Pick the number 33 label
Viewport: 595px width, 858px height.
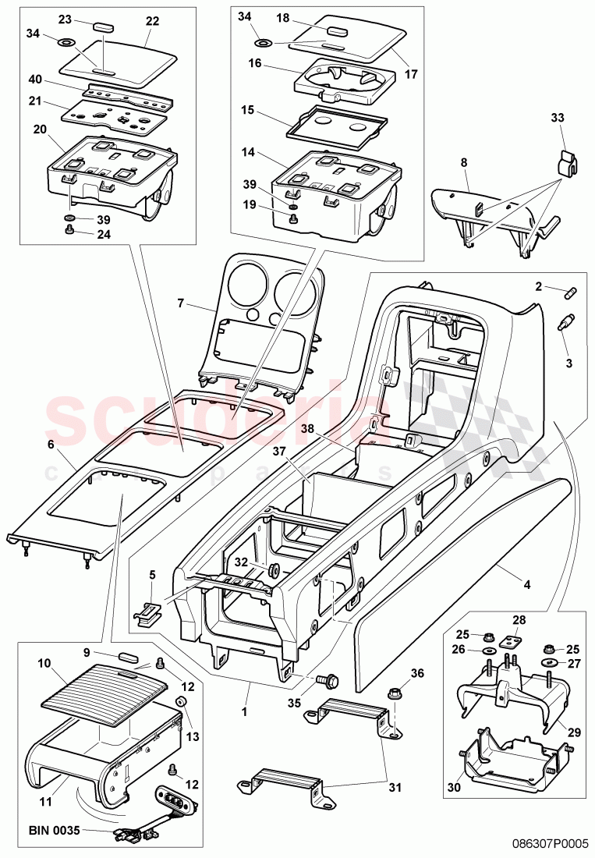(556, 118)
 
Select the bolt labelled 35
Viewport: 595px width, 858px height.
(324, 680)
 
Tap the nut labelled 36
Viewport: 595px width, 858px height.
(395, 690)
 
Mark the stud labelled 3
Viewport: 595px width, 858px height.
(565, 321)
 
